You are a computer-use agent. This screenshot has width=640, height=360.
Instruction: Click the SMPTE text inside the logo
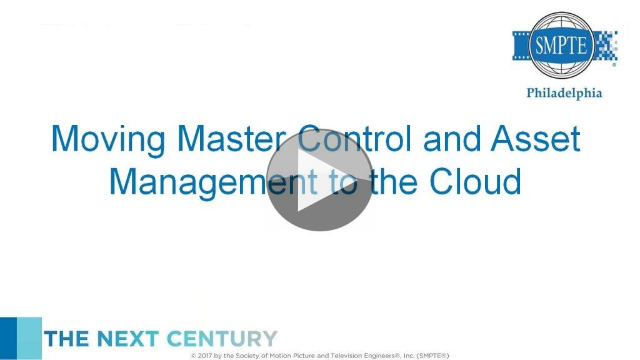[561, 45]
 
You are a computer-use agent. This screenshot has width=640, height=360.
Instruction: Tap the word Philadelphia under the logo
[564, 94]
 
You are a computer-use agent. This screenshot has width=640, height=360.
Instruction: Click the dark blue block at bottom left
[8, 338]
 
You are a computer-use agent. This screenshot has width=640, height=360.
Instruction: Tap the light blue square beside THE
[29, 338]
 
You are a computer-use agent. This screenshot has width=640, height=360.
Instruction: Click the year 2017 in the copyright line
[204, 356]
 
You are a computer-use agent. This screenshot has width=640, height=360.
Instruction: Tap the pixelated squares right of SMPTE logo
[606, 46]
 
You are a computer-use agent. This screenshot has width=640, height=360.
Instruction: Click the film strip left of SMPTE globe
[521, 46]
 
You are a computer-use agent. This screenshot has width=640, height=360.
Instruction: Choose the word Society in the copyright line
[247, 356]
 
